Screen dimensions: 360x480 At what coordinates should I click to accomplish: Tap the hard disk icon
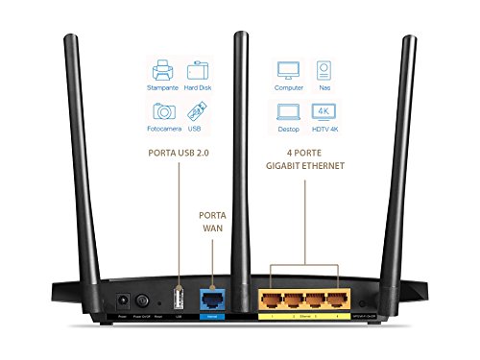[x=198, y=70]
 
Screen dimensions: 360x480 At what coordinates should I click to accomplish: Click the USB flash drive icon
[x=198, y=109]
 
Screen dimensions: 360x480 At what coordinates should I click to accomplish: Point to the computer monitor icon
[x=288, y=69]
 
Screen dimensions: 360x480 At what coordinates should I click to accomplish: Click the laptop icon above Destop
[x=288, y=110]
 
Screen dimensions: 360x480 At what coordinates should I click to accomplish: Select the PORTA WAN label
[x=211, y=224]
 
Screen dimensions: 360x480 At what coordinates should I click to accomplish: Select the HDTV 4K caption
[x=325, y=128]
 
